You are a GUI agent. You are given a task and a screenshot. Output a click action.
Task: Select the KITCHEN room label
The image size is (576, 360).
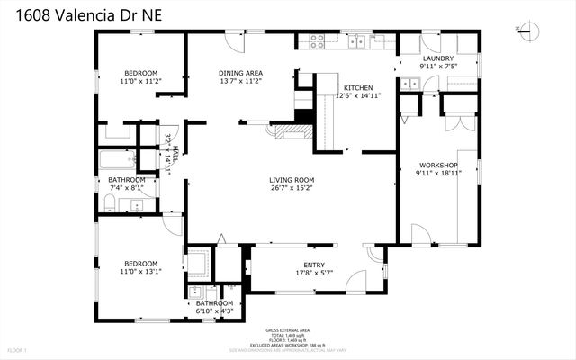pyautogui.click(x=354, y=87)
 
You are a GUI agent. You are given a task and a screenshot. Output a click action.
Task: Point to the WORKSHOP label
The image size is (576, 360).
pyautogui.click(x=438, y=166)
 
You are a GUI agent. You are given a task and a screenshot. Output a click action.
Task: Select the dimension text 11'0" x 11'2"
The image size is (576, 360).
pyautogui.click(x=140, y=81)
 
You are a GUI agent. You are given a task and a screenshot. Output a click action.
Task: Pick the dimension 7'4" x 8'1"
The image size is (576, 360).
pyautogui.click(x=126, y=188)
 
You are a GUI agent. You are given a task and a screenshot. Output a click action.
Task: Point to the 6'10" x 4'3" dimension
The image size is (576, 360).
pyautogui.click(x=214, y=311)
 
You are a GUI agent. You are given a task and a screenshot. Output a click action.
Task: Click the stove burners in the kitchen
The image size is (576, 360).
pyautogui.click(x=317, y=40)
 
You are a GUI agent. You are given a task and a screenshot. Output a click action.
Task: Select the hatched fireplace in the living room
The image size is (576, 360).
pyautogui.click(x=291, y=132)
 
